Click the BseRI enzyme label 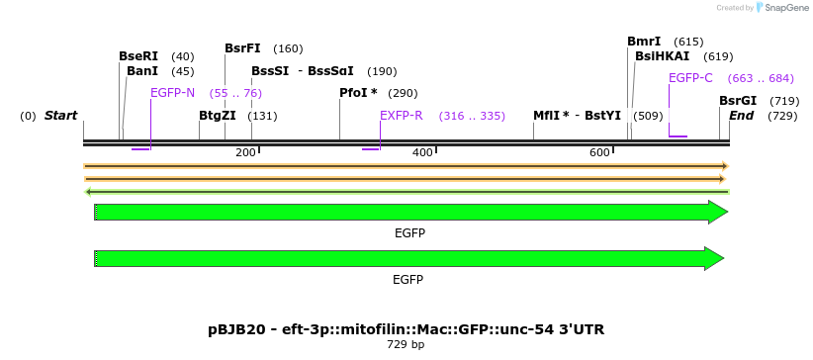tap(138, 56)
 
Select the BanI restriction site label tap(142, 71)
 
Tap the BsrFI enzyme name tap(242, 48)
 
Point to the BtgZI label tap(218, 116)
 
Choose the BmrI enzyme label tap(644, 42)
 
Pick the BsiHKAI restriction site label tap(663, 56)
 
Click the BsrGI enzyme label tap(738, 101)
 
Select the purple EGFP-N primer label tap(172, 93)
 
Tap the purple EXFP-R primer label tap(402, 116)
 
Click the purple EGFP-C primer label tap(690, 78)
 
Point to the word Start tap(60, 116)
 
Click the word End tap(741, 116)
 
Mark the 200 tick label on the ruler tap(246, 152)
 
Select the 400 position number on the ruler tap(422, 152)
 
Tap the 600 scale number tap(599, 152)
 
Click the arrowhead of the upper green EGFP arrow tap(718, 212)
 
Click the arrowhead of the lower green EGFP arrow tap(714, 258)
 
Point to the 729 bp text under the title tap(406, 345)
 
